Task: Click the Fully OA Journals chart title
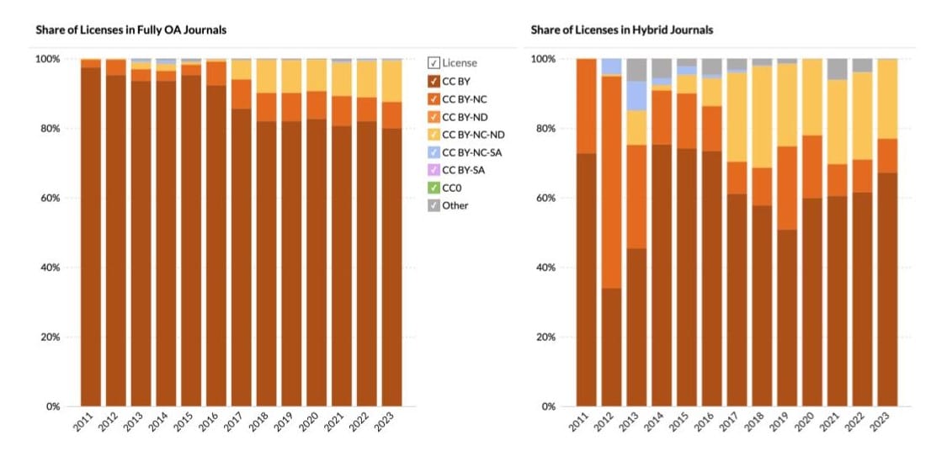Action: pyautogui.click(x=130, y=30)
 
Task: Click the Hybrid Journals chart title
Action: pyautogui.click(x=621, y=30)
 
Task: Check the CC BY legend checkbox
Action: pyautogui.click(x=434, y=81)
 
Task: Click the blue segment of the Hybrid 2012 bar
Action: pyautogui.click(x=611, y=66)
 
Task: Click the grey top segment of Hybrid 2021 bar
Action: pyautogui.click(x=838, y=69)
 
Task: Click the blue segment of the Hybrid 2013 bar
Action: pyautogui.click(x=636, y=96)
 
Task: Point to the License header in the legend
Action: pyautogui.click(x=459, y=63)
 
